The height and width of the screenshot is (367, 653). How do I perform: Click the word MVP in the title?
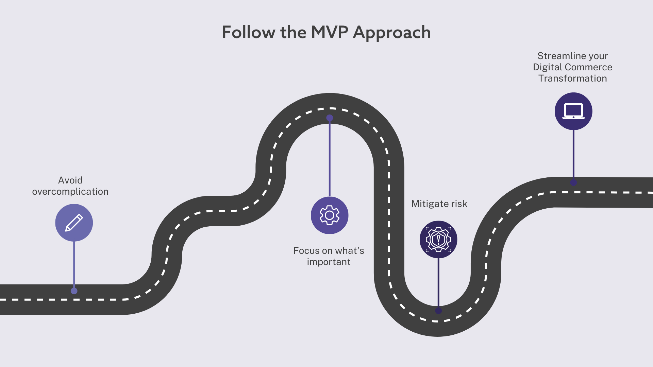tap(329, 33)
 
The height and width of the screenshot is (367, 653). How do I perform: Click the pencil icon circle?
tap(74, 223)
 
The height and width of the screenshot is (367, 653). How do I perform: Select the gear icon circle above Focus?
tap(330, 215)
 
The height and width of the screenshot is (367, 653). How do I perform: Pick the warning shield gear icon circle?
tap(438, 240)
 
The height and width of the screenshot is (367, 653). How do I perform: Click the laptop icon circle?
tap(573, 111)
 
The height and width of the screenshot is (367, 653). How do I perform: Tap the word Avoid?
tap(70, 180)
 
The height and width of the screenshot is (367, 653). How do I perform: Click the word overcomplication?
tap(70, 192)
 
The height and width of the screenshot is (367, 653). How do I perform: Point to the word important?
tap(329, 262)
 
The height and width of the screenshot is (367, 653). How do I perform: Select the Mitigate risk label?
tap(439, 204)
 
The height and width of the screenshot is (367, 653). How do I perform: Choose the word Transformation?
tap(573, 78)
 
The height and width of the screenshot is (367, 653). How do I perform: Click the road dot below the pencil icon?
tap(74, 291)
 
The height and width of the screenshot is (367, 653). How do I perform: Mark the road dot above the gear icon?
tap(330, 118)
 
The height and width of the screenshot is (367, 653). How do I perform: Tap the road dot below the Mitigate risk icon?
tap(438, 311)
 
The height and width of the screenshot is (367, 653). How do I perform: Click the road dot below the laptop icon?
tap(573, 182)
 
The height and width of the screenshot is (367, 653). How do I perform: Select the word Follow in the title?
tap(249, 33)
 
